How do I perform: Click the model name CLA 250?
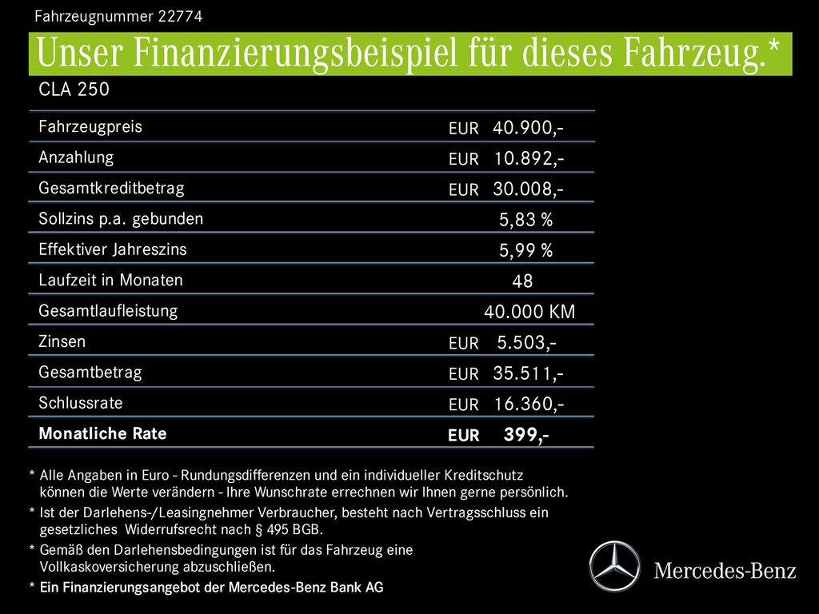point(74,90)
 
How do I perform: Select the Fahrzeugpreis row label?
point(90,126)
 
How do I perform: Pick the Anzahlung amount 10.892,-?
point(528,158)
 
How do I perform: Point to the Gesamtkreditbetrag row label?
point(111,189)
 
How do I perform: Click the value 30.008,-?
point(528,189)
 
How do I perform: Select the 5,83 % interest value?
point(525,220)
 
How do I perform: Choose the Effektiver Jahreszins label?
point(112,249)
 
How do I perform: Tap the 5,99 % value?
point(525,251)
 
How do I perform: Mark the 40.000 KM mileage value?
point(529,312)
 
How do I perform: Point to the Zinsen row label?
point(62,341)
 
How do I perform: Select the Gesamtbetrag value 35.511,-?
point(528,373)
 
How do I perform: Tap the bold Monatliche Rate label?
point(102,433)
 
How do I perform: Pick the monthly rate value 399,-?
point(525,435)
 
